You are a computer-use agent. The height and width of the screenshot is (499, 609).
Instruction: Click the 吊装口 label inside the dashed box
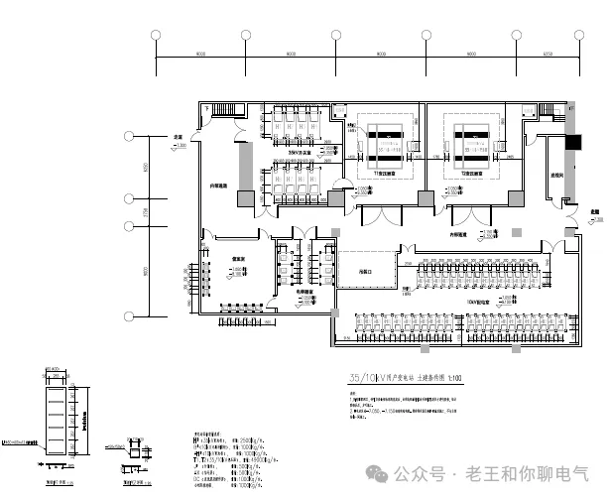tap(363, 270)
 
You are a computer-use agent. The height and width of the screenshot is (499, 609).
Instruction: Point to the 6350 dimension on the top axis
tap(547, 53)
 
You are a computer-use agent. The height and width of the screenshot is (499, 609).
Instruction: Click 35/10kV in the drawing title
tap(361, 377)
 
